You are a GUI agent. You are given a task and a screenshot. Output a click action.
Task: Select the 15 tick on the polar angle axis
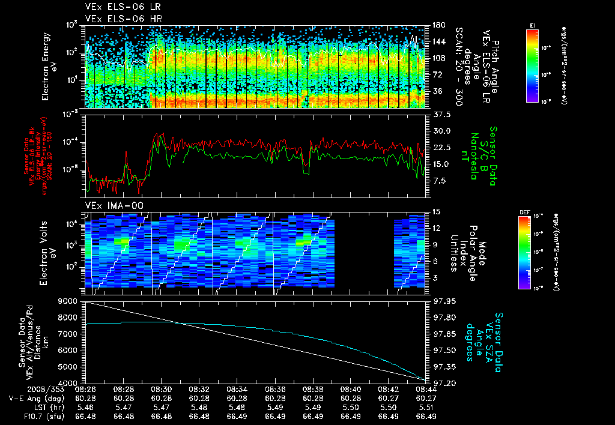(435, 211)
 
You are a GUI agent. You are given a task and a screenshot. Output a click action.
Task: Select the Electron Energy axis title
(46, 65)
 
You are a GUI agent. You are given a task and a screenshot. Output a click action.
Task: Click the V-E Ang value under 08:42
(390, 398)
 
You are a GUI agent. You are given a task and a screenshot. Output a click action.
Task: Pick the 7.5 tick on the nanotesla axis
(440, 181)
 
